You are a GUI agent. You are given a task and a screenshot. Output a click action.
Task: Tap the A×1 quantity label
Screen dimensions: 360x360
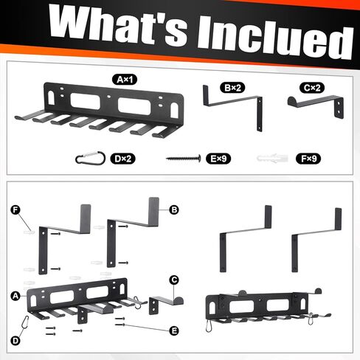pyautogui.click(x=122, y=78)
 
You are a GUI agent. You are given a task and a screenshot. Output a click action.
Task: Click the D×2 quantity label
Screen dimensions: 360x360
pyautogui.click(x=123, y=158)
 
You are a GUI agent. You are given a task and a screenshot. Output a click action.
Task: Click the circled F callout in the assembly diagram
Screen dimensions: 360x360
pyautogui.click(x=15, y=210)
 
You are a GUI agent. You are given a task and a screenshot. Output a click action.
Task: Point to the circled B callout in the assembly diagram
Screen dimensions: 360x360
pyautogui.click(x=174, y=210)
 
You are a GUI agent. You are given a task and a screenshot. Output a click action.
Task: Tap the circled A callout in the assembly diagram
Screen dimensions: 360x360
pyautogui.click(x=15, y=294)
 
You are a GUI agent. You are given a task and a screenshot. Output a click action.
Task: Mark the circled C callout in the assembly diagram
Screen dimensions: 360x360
pyautogui.click(x=174, y=280)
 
